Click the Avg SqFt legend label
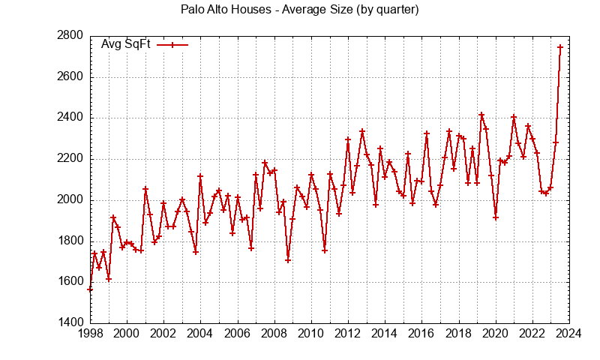coord(126,44)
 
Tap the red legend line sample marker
coord(172,45)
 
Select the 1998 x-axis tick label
coord(89,334)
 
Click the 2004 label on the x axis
coord(200,334)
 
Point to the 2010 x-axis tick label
coord(310,334)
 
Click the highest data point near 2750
coord(560,47)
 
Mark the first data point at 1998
coord(90,289)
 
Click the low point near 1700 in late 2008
coord(288,260)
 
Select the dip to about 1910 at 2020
coord(496,217)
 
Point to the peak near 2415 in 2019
coord(481,115)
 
